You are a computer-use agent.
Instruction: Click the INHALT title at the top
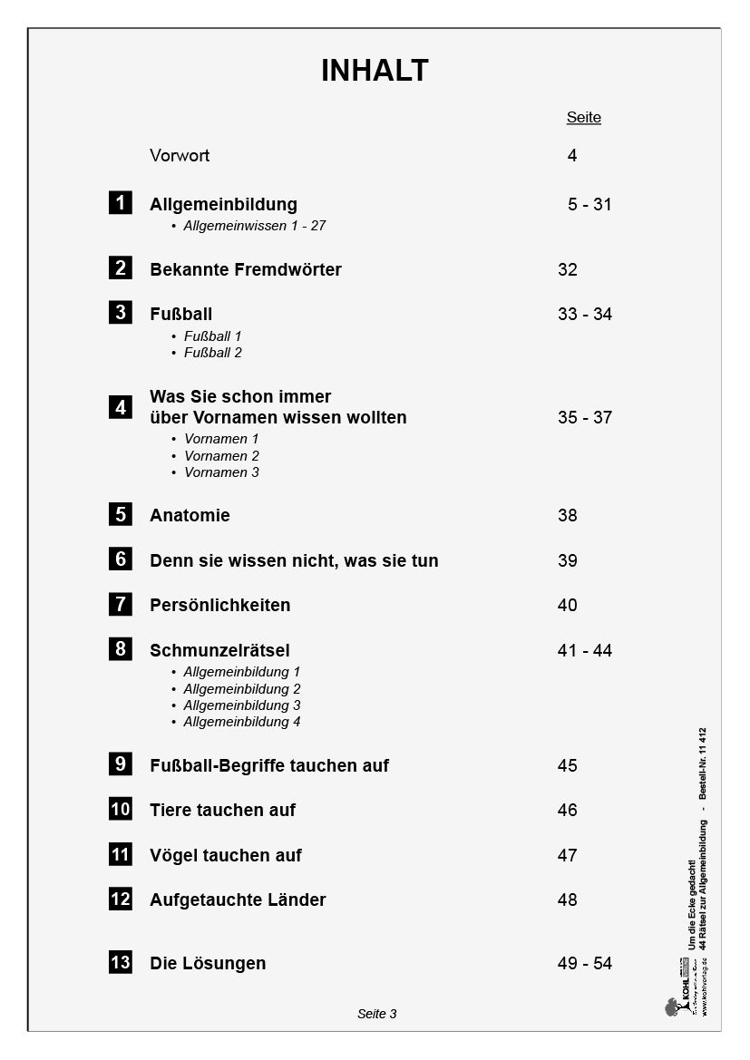375,71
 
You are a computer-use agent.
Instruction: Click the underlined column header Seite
583,118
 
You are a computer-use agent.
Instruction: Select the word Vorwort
180,156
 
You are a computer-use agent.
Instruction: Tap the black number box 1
121,203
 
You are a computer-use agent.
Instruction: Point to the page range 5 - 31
589,205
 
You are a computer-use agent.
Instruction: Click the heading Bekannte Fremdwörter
245,270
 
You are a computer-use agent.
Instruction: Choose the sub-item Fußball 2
213,353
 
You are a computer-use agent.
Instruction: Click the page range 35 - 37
585,418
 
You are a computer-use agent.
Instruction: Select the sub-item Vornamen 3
221,472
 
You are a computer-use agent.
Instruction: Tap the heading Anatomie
190,516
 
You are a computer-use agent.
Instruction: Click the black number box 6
121,559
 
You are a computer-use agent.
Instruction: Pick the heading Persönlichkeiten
219,606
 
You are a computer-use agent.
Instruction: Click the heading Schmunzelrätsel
219,651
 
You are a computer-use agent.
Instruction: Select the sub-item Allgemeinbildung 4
241,722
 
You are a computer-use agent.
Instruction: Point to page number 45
568,766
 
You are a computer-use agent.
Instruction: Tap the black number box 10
121,809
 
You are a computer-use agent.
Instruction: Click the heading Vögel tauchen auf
225,856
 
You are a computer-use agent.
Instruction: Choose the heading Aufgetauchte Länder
238,900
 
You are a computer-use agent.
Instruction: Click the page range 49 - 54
585,964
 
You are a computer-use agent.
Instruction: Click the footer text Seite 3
377,1014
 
